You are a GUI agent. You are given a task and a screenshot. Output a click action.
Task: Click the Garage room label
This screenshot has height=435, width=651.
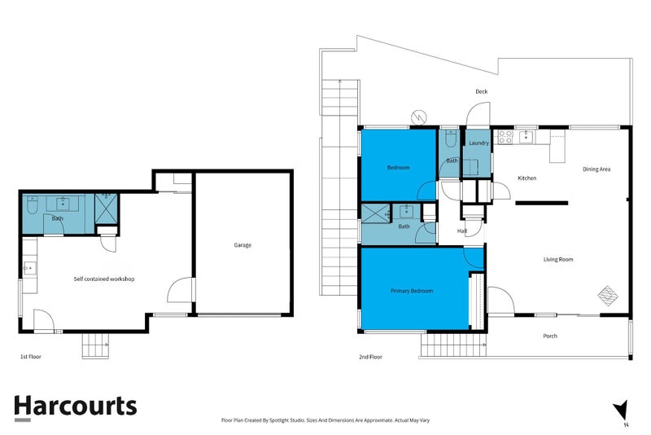coord(242,245)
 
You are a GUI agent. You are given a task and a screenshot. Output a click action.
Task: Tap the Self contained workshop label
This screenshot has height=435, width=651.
coord(103,279)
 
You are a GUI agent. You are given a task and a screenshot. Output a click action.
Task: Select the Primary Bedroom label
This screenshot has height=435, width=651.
coord(411,291)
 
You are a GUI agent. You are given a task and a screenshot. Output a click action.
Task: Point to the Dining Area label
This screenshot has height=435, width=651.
coord(596,169)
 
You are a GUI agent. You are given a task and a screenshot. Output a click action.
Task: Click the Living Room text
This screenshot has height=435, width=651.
coord(558,260)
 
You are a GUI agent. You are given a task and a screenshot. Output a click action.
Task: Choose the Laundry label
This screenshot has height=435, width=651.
coord(478,143)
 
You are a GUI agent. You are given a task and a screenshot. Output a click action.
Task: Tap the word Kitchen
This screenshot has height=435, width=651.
coord(527,178)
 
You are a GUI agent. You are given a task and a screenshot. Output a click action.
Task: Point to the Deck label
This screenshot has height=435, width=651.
coord(482,92)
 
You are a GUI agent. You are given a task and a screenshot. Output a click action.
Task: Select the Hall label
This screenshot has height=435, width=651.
coord(461,231)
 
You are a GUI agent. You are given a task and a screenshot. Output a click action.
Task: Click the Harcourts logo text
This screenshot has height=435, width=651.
coord(76,406)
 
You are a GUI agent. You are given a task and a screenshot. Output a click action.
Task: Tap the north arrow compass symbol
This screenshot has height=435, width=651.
coord(623,409)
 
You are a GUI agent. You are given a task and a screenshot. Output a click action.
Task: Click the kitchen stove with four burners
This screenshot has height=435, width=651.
coord(505,136)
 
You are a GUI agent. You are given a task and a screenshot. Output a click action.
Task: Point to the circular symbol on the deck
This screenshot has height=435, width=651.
coord(419,118)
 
